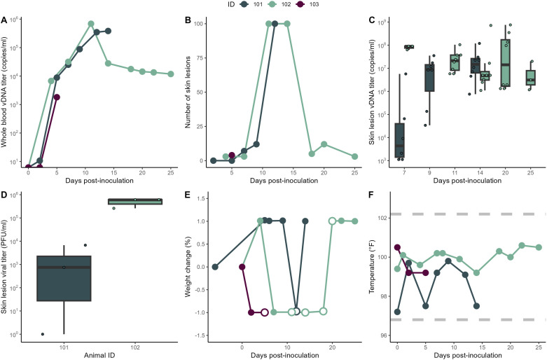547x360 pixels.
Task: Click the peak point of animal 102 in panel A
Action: click(x=91, y=24)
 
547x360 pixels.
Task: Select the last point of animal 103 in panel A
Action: click(x=57, y=97)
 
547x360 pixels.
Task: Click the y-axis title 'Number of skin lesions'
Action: click(x=188, y=91)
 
